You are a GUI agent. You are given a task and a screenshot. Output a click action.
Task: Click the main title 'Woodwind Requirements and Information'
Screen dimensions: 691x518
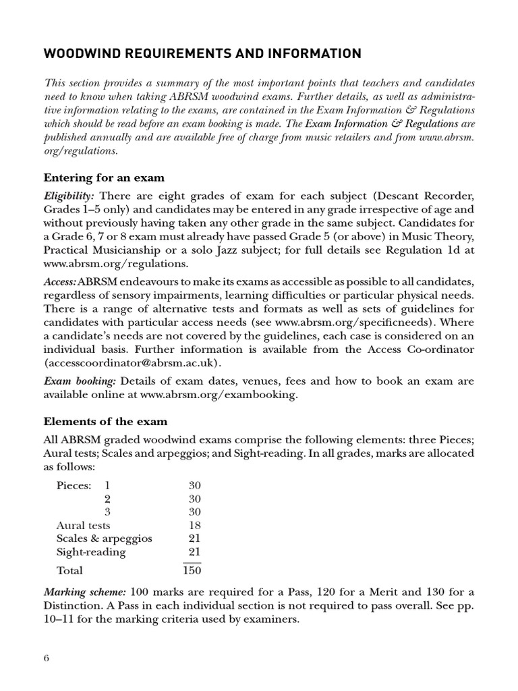(x=202, y=53)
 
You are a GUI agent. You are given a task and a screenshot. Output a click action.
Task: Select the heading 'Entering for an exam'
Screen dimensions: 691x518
(x=104, y=177)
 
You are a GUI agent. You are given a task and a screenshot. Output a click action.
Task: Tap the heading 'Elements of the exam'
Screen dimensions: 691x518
(x=105, y=421)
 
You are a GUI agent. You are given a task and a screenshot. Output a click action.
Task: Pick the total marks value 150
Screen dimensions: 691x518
(x=192, y=571)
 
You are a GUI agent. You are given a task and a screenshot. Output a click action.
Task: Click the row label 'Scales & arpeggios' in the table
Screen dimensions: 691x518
(x=105, y=538)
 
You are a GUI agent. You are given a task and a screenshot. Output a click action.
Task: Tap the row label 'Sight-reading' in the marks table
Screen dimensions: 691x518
(x=91, y=552)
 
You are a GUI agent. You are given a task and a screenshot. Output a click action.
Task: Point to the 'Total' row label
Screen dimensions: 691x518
(x=70, y=571)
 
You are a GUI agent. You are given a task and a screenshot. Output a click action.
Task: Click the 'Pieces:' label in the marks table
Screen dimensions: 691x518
(x=74, y=485)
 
